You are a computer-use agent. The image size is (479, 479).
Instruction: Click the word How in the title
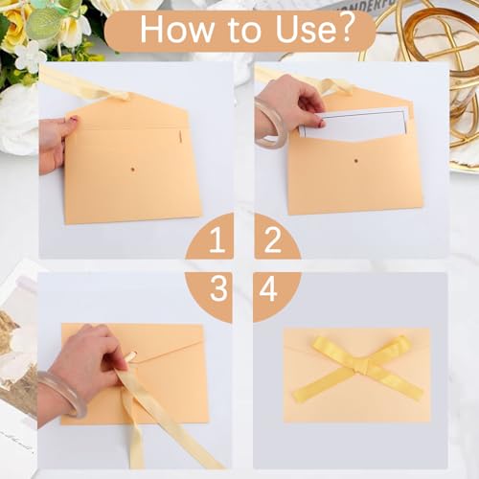pos(177,30)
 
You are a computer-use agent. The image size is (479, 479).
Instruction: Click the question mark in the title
pos(345,28)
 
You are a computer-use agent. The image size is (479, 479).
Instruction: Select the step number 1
pos(217,240)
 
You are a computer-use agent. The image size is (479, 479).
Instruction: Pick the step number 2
pos(272,240)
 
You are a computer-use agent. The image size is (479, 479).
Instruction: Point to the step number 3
pos(218,288)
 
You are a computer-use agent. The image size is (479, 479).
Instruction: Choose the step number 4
pos(268,289)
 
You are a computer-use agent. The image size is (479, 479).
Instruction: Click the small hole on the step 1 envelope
pos(133,170)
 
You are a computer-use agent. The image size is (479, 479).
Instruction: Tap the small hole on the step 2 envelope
pos(355,161)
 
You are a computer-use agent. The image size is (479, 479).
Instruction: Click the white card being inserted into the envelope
pos(354,124)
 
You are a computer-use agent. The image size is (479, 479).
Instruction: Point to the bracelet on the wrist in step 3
pos(62,396)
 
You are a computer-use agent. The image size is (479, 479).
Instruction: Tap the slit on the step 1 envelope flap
pos(180,136)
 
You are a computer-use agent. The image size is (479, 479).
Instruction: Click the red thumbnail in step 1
pos(74,119)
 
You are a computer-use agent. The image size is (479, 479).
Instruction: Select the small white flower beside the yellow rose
pos(31,57)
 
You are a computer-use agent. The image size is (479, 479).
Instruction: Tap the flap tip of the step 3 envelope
pos(133,355)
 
